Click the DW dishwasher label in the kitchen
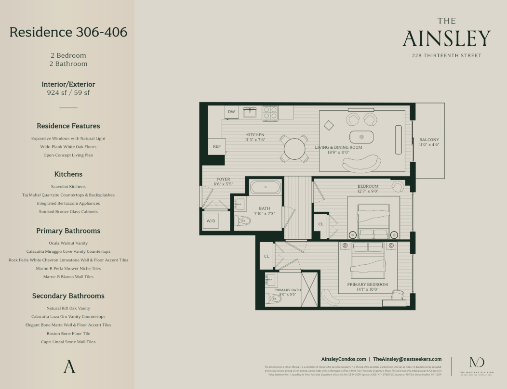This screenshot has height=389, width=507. pyautogui.click(x=231, y=112)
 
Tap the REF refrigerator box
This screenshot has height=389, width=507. pyautogui.click(x=217, y=146)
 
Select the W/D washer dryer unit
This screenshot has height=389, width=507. pyautogui.click(x=211, y=221)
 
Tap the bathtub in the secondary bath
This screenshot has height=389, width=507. pyautogui.click(x=265, y=187)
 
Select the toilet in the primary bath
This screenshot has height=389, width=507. pyautogui.click(x=273, y=298)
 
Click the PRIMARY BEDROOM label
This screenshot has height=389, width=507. pyautogui.click(x=367, y=285)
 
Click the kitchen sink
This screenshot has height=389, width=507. pyautogui.click(x=250, y=112)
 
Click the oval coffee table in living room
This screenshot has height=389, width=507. pyautogui.click(x=361, y=136)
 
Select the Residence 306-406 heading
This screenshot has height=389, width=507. pyautogui.click(x=68, y=32)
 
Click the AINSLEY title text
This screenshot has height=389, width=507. pyautogui.click(x=446, y=39)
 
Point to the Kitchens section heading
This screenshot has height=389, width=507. pyautogui.click(x=68, y=174)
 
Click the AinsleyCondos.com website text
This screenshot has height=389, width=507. pyautogui.click(x=343, y=359)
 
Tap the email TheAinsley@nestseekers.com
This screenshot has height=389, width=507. pyautogui.click(x=407, y=359)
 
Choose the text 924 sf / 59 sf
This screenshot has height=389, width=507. pyautogui.click(x=68, y=93)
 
